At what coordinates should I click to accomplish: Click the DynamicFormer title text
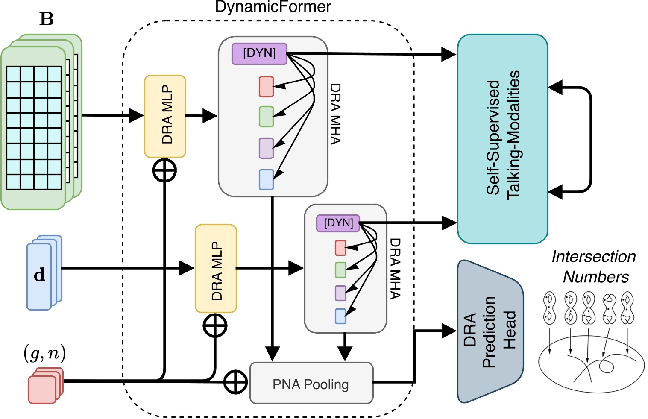tap(273, 7)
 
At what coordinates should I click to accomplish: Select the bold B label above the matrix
tap(46, 19)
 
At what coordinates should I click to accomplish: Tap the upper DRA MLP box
tap(165, 116)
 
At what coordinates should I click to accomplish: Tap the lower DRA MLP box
tap(216, 268)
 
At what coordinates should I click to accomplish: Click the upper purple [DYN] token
tap(259, 54)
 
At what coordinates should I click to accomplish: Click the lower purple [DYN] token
tap(338, 223)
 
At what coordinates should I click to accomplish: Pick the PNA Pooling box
tap(311, 383)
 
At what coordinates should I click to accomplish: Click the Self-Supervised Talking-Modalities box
tap(502, 139)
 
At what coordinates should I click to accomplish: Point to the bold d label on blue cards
tap(39, 275)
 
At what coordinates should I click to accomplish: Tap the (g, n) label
tap(44, 354)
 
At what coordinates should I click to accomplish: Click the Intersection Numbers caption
tap(594, 267)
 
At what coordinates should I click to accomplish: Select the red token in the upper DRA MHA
tap(266, 87)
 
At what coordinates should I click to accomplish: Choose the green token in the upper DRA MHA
tap(266, 117)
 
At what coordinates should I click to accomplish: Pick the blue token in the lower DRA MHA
tap(340, 316)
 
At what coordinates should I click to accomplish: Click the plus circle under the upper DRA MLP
tap(164, 170)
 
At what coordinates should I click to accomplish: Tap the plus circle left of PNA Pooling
tap(235, 381)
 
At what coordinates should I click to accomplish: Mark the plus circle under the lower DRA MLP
tap(215, 325)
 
